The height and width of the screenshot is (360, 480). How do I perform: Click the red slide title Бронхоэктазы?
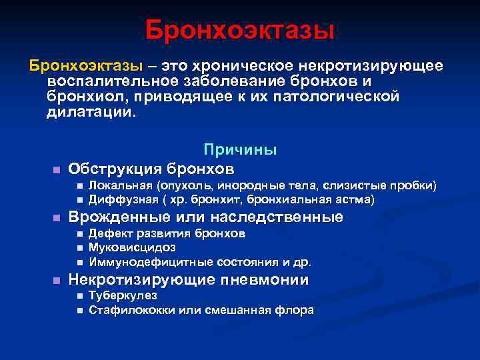coord(239,30)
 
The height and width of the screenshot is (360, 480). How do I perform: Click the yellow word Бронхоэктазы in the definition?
coord(85,66)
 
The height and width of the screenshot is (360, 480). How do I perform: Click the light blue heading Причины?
coord(240,151)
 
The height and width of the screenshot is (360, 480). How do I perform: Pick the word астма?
coord(357,199)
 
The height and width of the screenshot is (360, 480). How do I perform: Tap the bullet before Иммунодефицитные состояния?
coord(79,262)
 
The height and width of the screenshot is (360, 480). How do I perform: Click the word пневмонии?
coord(271,280)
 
